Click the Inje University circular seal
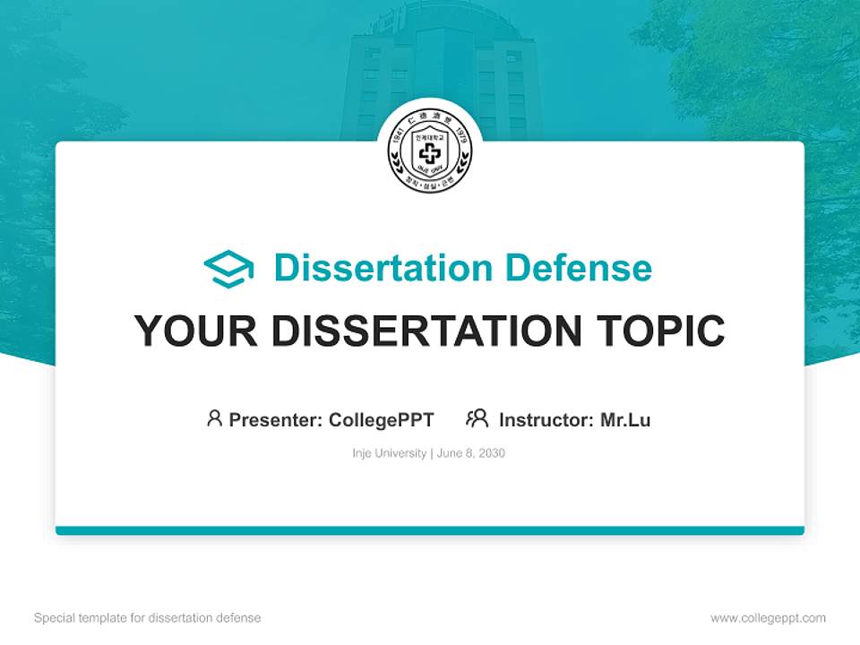430,151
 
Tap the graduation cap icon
228,269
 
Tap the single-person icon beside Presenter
214,418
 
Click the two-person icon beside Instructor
477,418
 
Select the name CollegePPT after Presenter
382,419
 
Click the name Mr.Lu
625,419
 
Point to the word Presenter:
276,419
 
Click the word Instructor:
546,419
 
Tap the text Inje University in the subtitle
390,453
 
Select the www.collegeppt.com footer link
768,618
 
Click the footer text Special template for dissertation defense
148,618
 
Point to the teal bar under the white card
430,530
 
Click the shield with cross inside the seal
430,152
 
